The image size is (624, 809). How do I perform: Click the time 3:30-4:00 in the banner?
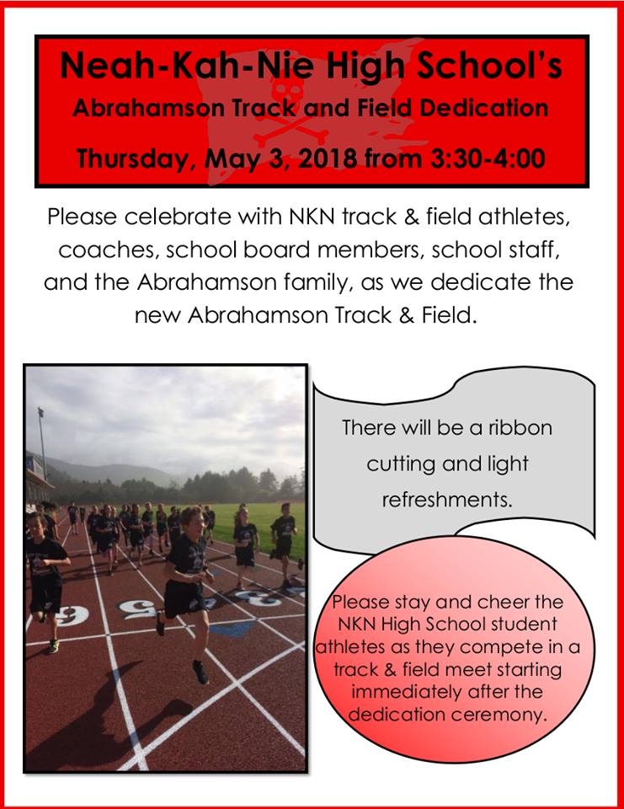point(488,158)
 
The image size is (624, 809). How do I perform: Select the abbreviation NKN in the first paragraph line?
point(312,217)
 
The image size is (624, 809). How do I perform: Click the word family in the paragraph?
point(316,283)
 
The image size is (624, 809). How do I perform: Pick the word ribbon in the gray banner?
point(520,428)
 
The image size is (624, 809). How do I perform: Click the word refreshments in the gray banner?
point(447,500)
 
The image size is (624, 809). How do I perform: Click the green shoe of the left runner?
point(53,646)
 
